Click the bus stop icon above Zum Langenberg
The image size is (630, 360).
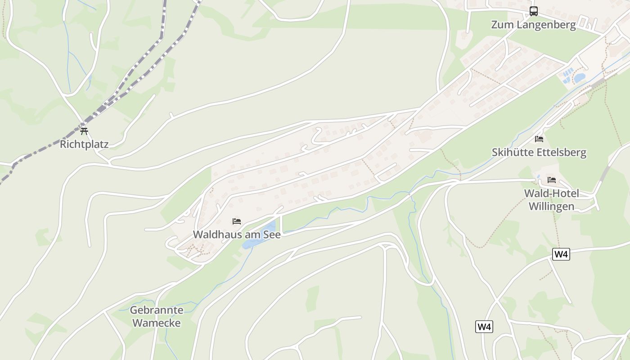[x=534, y=11]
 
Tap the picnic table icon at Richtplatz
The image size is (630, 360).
[x=84, y=131]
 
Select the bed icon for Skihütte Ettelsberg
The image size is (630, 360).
[x=539, y=139]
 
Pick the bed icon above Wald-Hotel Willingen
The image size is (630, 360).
[x=552, y=180]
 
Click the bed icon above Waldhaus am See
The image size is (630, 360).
[x=237, y=221]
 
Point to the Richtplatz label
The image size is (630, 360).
[x=84, y=144]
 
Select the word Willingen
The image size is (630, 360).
[x=551, y=207]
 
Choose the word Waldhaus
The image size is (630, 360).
[x=214, y=234]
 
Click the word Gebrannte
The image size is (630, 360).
[x=157, y=310]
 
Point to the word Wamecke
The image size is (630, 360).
[x=157, y=323]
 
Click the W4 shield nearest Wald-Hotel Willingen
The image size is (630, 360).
[x=561, y=254]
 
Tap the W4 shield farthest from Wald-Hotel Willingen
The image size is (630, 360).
[x=484, y=327]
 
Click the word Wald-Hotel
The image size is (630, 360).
[x=551, y=193]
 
